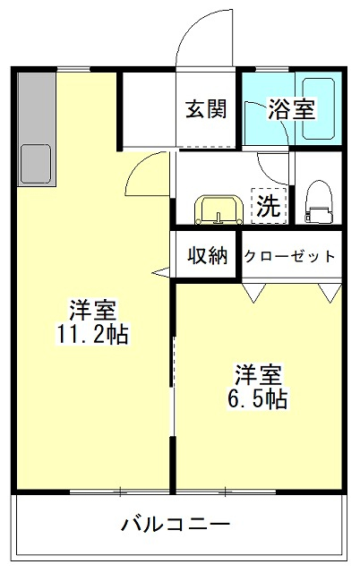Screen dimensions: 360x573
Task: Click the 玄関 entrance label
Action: click(x=207, y=108)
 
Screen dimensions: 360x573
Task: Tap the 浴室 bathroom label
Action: click(x=292, y=108)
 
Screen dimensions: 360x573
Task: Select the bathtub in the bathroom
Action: click(x=318, y=109)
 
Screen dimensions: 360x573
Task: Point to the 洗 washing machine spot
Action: click(x=269, y=206)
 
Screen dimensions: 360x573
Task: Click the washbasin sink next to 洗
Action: click(x=219, y=210)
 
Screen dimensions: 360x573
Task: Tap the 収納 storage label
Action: click(x=207, y=256)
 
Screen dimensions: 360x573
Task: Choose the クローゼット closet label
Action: click(x=289, y=256)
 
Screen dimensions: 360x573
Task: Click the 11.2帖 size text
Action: click(x=92, y=333)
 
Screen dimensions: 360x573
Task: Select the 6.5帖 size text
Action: click(x=258, y=398)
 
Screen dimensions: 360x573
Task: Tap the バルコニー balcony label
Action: click(x=176, y=525)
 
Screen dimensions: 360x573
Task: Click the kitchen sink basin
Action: click(x=36, y=163)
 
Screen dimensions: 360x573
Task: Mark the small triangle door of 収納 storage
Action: click(x=161, y=272)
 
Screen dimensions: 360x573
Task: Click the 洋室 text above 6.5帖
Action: click(x=258, y=375)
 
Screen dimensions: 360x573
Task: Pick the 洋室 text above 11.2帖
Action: click(x=92, y=311)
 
